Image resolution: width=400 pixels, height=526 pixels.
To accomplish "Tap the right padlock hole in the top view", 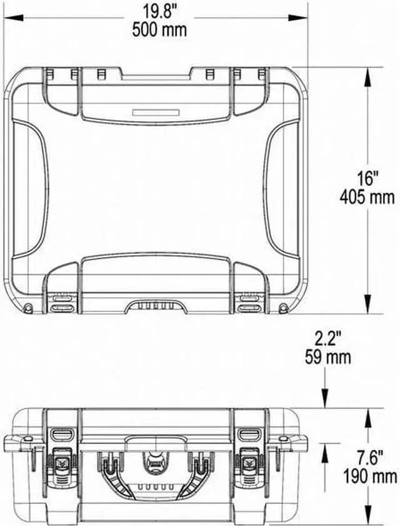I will coord(283,308).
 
